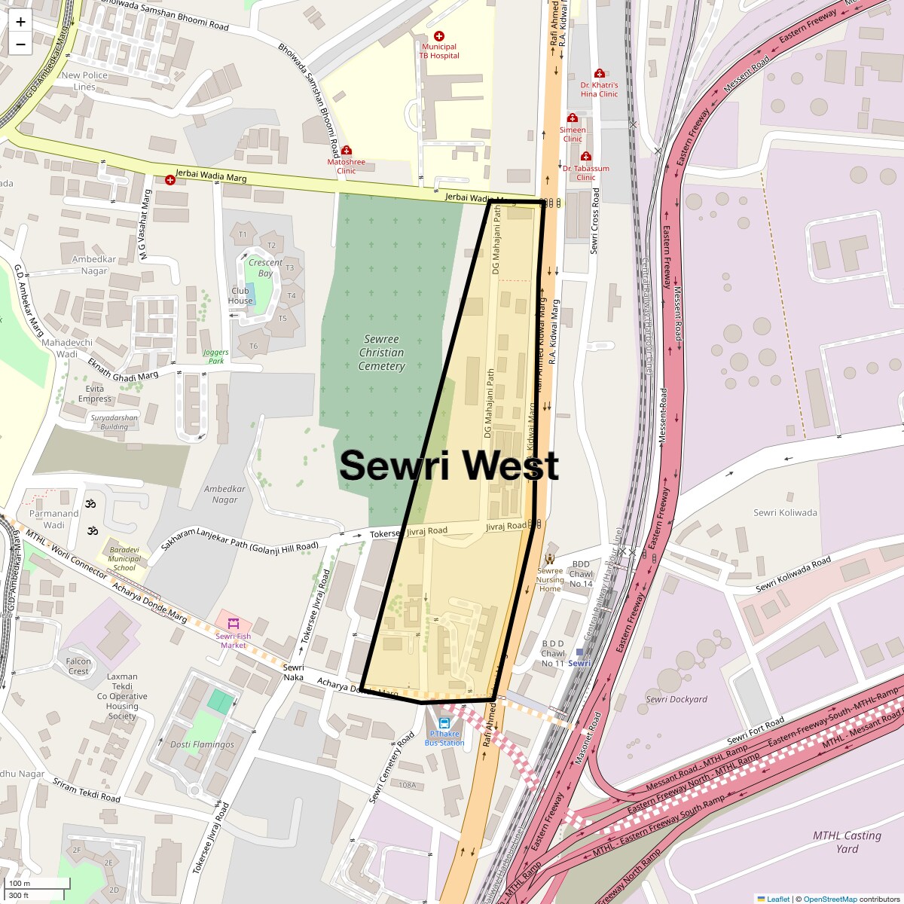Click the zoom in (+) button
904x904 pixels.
(20, 22)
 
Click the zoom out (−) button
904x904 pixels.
(20, 44)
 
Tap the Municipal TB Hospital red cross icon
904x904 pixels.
(439, 36)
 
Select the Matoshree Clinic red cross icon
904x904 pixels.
(347, 151)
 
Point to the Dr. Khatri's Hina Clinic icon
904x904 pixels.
(600, 74)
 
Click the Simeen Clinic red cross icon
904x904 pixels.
(573, 118)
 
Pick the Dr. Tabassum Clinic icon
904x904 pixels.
(585, 157)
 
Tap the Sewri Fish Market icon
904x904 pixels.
(234, 624)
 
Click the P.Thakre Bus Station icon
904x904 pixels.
(444, 723)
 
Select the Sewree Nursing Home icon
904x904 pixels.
(550, 558)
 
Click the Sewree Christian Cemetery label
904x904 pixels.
(381, 353)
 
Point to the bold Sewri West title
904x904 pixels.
(449, 466)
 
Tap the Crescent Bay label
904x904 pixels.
(265, 268)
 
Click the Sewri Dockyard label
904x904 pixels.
(676, 699)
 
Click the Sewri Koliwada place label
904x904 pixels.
(785, 513)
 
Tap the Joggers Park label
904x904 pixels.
(216, 356)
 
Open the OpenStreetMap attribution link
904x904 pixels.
(829, 899)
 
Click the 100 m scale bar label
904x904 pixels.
(20, 884)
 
